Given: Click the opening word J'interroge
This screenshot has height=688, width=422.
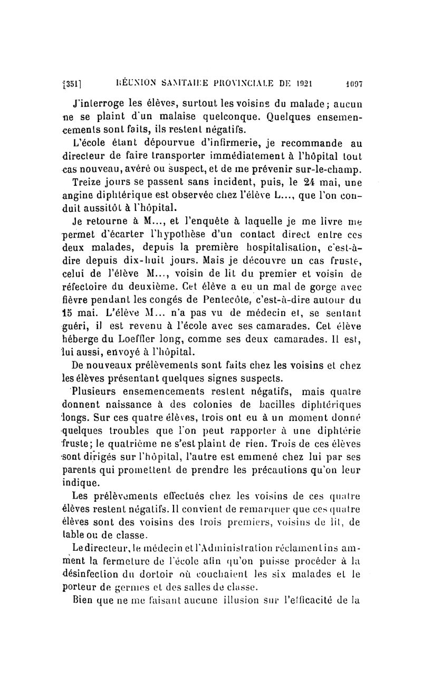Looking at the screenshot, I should click(x=101, y=103).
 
